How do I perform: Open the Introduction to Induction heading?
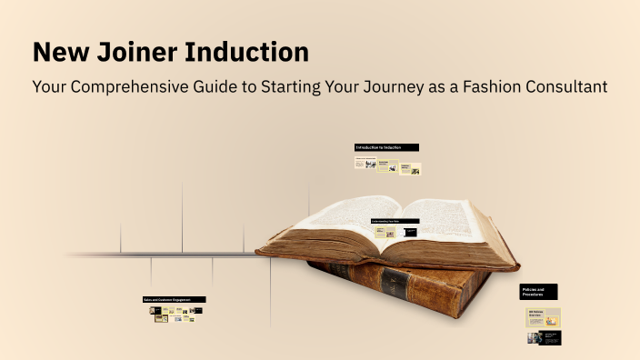pos(386,147)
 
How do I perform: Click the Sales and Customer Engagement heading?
pos(174,299)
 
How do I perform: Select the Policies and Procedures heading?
pos(538,292)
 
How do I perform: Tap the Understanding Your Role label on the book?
pos(395,221)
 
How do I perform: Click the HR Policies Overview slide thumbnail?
pos(545,316)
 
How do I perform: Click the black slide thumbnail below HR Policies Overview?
pos(550,337)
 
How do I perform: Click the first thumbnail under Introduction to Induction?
pos(365,164)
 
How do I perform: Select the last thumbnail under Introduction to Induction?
pos(410,168)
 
